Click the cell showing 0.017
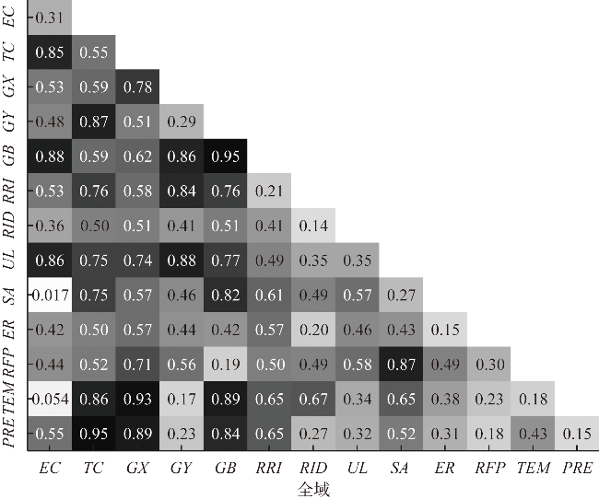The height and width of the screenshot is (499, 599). (x=50, y=295)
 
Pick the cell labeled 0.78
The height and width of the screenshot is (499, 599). (x=137, y=87)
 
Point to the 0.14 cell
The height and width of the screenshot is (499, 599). (x=313, y=226)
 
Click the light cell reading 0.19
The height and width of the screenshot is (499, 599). (x=225, y=364)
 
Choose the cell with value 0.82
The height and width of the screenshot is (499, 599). (x=225, y=295)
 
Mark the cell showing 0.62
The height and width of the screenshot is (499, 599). (x=137, y=157)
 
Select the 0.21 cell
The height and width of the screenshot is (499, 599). (x=269, y=191)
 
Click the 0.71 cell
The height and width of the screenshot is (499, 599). (x=137, y=364)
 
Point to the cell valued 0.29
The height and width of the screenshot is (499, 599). (x=182, y=122)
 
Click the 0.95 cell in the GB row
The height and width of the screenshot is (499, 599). (x=225, y=157)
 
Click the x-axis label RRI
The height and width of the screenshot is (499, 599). (x=269, y=469)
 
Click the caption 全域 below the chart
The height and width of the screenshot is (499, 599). (x=313, y=489)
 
